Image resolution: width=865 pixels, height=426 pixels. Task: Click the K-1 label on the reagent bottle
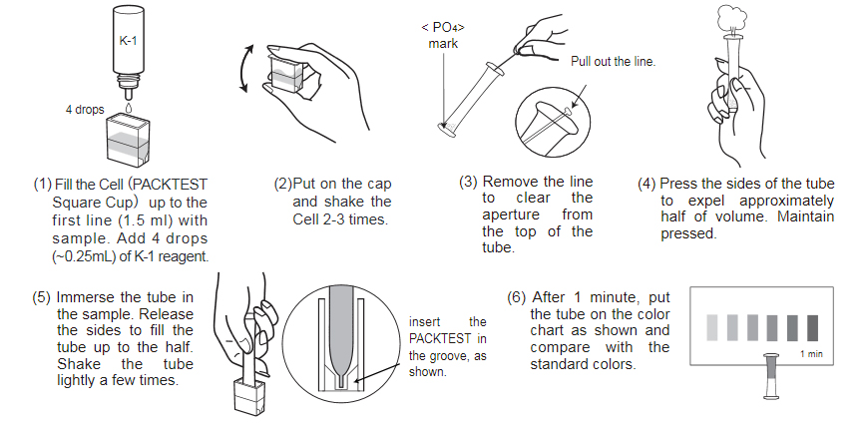(127, 44)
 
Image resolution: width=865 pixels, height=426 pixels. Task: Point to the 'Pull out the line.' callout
(613, 61)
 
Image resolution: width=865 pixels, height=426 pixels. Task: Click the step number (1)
(42, 185)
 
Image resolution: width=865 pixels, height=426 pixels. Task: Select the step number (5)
(42, 298)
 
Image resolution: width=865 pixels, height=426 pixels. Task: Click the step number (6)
(518, 297)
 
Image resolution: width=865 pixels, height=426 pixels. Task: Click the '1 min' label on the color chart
(811, 354)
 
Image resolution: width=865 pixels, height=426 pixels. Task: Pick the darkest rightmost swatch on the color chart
(811, 326)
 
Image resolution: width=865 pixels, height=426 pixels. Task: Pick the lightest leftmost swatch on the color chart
(711, 326)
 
